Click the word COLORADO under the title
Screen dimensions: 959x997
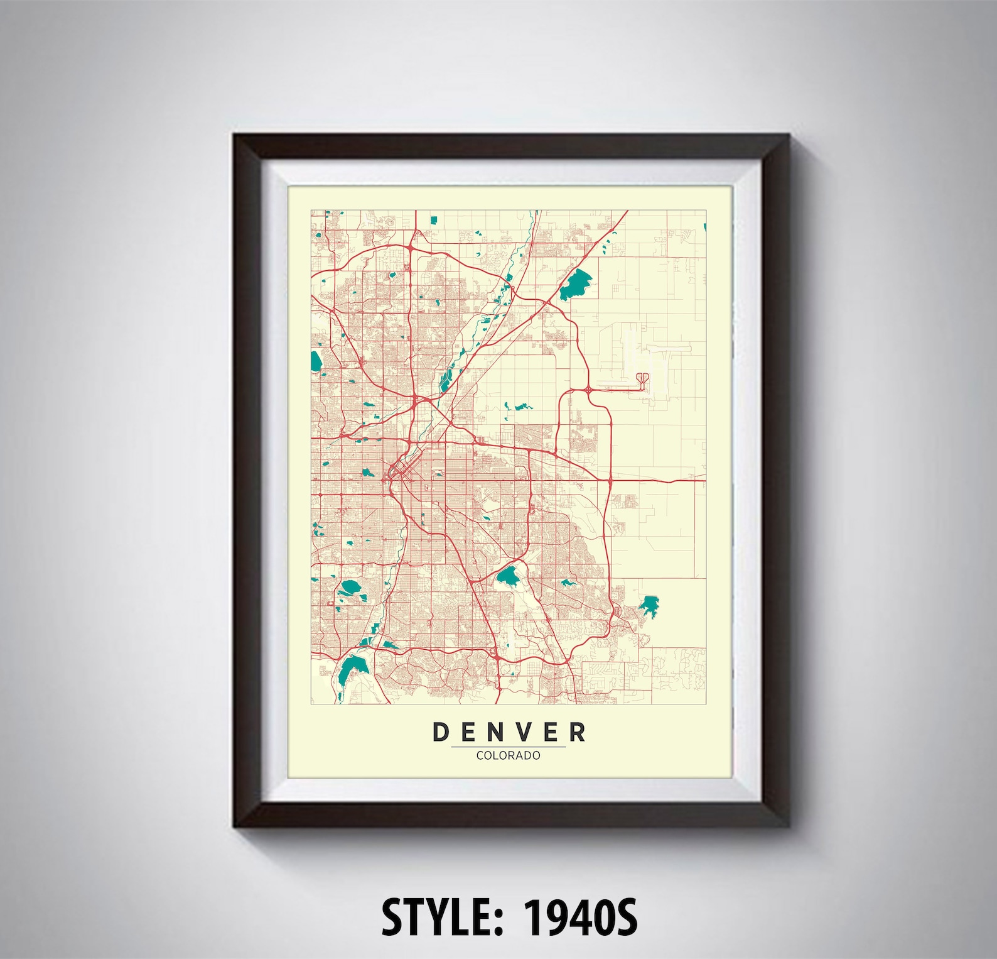pyautogui.click(x=508, y=755)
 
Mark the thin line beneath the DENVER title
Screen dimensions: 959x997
pyautogui.click(x=508, y=747)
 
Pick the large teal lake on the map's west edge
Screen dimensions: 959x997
pyautogui.click(x=316, y=361)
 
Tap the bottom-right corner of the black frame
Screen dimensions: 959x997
pyautogui.click(x=787, y=825)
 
